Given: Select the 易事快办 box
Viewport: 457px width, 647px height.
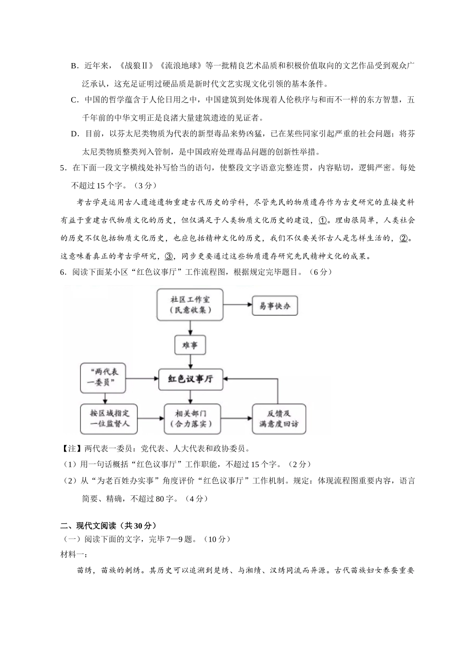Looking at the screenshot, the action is (x=275, y=306).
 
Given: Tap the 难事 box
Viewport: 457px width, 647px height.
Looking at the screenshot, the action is (x=190, y=345).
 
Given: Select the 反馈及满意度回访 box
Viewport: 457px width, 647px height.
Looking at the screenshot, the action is (x=279, y=419).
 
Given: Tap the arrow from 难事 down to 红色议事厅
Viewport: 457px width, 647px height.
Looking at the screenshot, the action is (x=190, y=362).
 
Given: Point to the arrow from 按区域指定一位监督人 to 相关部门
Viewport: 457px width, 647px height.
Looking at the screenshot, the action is (x=149, y=419).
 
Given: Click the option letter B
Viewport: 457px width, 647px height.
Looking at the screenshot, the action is (x=74, y=66).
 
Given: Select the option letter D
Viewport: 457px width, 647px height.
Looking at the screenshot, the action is (x=74, y=134).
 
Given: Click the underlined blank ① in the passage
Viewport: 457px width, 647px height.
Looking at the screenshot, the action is (x=322, y=220).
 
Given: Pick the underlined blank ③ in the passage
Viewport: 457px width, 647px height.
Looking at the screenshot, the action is (x=169, y=256).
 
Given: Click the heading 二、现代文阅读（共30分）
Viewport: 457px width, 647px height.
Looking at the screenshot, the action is (x=108, y=525).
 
